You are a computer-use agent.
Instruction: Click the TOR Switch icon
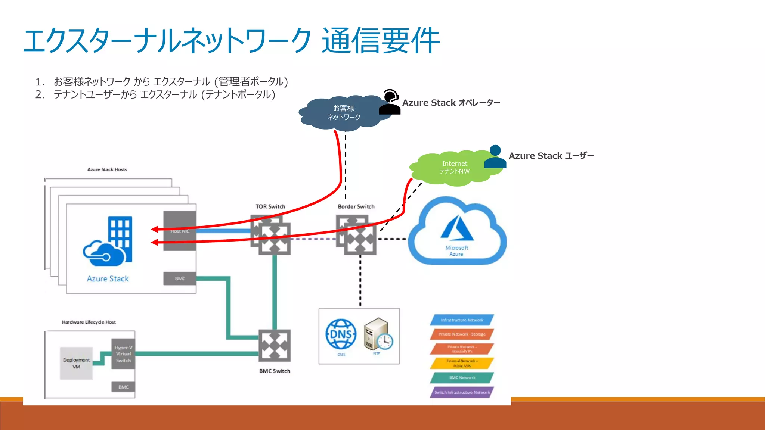coord(271,235)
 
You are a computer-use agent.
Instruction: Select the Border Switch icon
coord(356,235)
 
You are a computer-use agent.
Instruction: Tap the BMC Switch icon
coord(275,346)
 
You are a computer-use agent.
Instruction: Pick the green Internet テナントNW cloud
coord(454,168)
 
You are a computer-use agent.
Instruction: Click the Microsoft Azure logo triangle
coord(457,228)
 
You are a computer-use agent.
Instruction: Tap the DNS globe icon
coord(341,334)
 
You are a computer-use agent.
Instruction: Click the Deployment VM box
coord(76,363)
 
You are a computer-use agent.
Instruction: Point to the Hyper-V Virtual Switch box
coord(123,354)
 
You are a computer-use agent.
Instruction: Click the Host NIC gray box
coord(180,231)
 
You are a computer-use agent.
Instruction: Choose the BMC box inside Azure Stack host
coord(180,278)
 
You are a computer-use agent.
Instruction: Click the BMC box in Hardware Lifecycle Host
coord(123,387)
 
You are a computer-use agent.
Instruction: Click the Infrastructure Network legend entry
coord(462,320)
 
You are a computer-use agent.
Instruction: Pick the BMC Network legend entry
coord(462,378)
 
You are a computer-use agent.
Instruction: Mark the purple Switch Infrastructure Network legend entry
coord(462,392)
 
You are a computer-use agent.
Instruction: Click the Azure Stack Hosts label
coord(107,169)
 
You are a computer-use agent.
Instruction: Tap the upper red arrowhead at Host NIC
coord(154,229)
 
